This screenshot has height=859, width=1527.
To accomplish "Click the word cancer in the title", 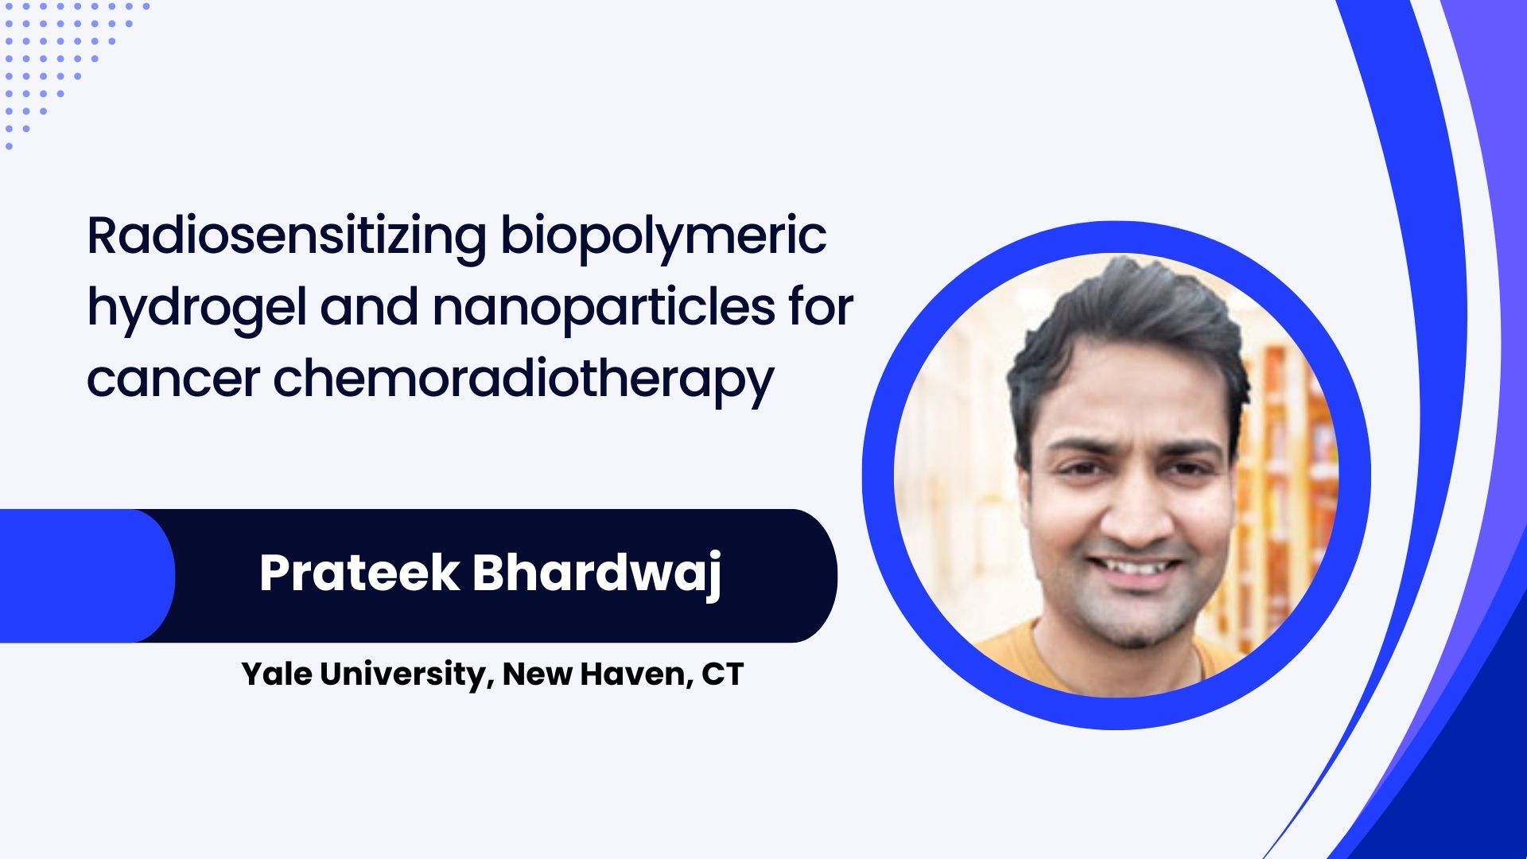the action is click(x=173, y=379).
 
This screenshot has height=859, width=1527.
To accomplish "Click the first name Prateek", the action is click(x=359, y=573).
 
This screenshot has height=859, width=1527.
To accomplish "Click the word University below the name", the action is click(x=402, y=675).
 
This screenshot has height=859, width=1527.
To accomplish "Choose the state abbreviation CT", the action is click(x=722, y=674).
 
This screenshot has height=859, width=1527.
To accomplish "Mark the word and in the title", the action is click(x=369, y=307).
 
